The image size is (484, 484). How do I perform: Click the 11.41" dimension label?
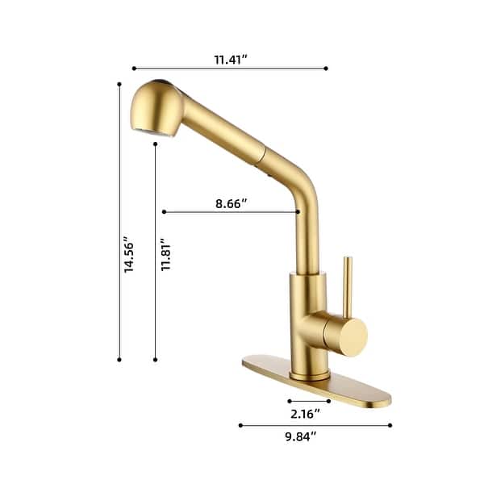230,59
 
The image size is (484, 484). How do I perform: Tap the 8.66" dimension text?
231,203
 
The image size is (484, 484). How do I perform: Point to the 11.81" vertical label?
165,256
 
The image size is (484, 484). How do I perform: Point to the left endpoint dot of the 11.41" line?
134,69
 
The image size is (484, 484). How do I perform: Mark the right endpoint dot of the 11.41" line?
327,69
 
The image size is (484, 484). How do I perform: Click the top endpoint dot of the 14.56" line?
119,84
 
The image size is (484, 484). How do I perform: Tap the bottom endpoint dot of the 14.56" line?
119,359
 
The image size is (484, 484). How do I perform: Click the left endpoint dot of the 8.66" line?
164,212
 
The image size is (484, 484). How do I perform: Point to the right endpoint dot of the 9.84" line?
390,425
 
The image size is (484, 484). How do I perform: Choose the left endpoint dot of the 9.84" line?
240,425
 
